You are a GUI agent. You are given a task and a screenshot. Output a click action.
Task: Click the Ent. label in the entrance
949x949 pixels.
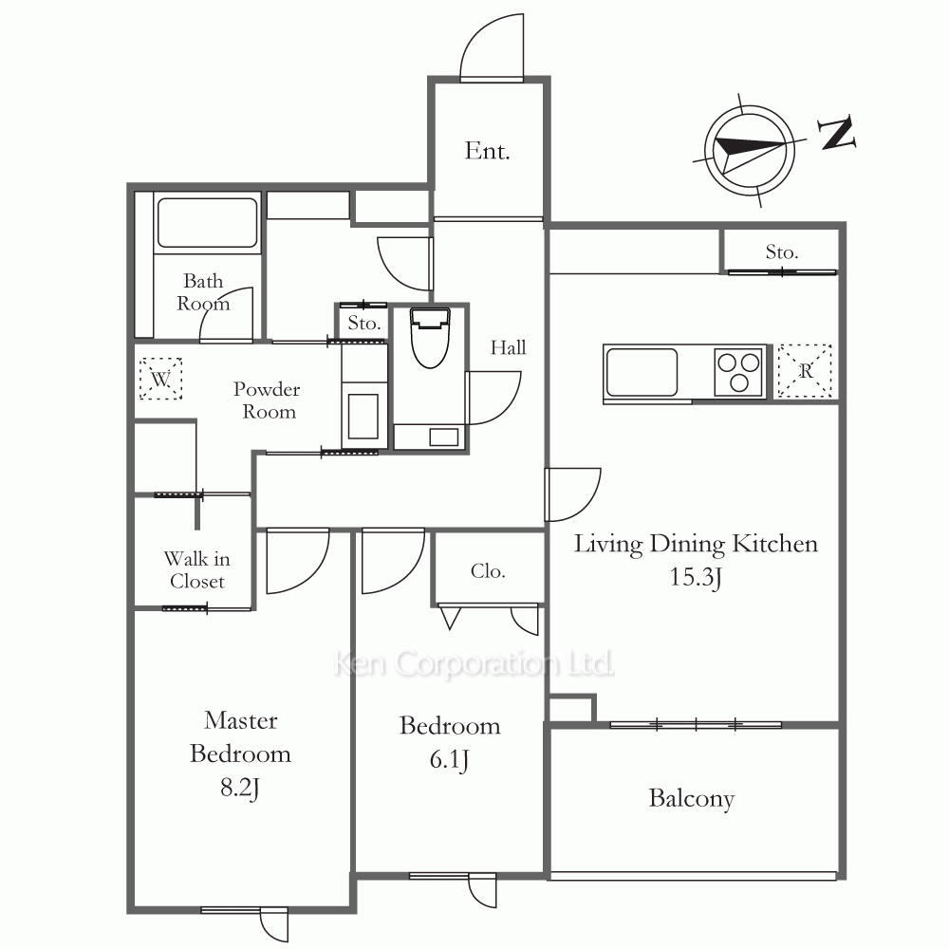(x=487, y=151)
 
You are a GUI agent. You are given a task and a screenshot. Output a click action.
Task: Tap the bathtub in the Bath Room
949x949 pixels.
(x=207, y=222)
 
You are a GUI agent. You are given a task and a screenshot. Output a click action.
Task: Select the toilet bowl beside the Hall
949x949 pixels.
(x=430, y=338)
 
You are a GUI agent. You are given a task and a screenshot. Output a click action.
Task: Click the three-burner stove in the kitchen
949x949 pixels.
(x=738, y=371)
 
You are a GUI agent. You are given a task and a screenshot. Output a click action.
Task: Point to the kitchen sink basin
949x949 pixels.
(x=641, y=372)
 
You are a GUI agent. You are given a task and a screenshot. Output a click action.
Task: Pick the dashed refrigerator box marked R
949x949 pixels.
(x=805, y=371)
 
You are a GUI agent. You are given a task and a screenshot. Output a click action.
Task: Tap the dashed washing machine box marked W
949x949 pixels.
(x=161, y=379)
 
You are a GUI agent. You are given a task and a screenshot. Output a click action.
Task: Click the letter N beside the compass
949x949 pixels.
(x=837, y=133)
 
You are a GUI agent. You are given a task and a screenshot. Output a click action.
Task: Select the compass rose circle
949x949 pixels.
(x=750, y=150)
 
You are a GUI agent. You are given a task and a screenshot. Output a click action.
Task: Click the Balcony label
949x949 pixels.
(x=692, y=798)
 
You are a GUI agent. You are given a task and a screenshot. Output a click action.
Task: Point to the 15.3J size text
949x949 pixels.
(x=696, y=577)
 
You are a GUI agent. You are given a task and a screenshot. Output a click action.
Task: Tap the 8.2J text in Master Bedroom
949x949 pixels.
(x=240, y=788)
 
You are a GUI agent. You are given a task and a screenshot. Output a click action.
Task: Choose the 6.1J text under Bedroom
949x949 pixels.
(x=449, y=759)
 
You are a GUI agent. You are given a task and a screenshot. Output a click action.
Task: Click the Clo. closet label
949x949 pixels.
(x=488, y=570)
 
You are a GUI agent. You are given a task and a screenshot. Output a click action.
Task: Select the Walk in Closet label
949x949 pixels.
(x=197, y=569)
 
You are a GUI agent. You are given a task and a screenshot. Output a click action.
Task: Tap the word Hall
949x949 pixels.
(x=509, y=347)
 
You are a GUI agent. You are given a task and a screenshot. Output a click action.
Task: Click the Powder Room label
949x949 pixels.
(x=267, y=400)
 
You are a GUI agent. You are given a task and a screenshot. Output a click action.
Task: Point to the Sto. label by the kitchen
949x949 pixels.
(x=782, y=251)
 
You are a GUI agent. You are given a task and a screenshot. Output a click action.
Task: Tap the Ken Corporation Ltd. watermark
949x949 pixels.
(x=474, y=664)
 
